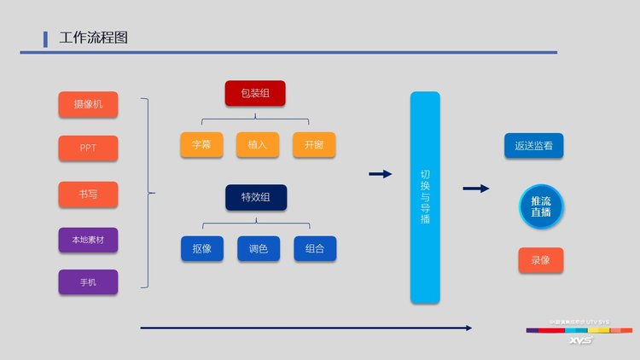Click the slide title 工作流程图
pyautogui.click(x=94, y=38)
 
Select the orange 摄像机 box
pyautogui.click(x=88, y=105)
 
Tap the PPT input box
pyautogui.click(x=88, y=148)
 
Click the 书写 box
pyautogui.click(x=88, y=195)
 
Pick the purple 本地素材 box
pyautogui.click(x=88, y=241)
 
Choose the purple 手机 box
pyautogui.click(x=88, y=282)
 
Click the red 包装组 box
pyautogui.click(x=255, y=93)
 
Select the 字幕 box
pyautogui.click(x=201, y=145)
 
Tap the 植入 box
pyautogui.click(x=258, y=145)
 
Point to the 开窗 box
pyautogui.click(x=314, y=145)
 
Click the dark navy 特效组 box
pyautogui.click(x=256, y=197)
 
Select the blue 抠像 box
pyautogui.click(x=201, y=248)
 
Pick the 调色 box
pyautogui.click(x=258, y=248)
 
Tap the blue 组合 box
pyautogui.click(x=314, y=248)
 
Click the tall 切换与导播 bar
pyautogui.click(x=425, y=197)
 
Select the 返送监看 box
pyautogui.click(x=533, y=145)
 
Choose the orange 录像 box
pyautogui.click(x=541, y=260)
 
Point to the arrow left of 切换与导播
pyautogui.click(x=380, y=174)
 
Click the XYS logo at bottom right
pyautogui.click(x=580, y=340)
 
